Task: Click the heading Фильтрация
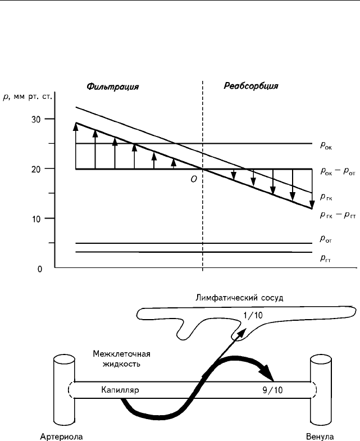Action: (x=112, y=87)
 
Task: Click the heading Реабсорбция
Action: (x=251, y=86)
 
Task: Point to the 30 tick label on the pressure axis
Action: (x=36, y=120)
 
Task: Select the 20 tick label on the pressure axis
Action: (x=36, y=169)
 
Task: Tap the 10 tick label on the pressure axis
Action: (x=36, y=219)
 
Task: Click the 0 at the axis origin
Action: (x=40, y=269)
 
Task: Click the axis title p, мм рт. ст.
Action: (x=28, y=97)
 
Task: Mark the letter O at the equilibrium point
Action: (x=194, y=179)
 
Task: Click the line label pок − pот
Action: (x=338, y=171)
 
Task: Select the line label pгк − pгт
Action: (x=338, y=215)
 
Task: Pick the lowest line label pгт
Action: (x=325, y=258)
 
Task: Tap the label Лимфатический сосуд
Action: (x=239, y=298)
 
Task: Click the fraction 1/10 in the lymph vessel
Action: (x=253, y=315)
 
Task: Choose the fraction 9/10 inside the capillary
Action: (x=272, y=390)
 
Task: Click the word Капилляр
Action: (x=120, y=390)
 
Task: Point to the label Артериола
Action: (x=61, y=437)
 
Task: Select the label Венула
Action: (x=320, y=437)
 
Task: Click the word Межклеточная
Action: (x=121, y=353)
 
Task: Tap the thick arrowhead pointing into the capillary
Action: (x=267, y=372)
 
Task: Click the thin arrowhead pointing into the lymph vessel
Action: (x=243, y=332)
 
